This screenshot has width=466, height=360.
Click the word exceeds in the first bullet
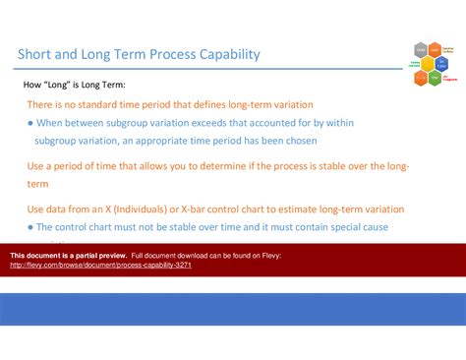tap(225, 123)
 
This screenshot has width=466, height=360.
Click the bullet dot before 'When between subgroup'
tap(30, 123)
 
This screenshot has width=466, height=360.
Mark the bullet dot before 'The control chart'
tap(30, 227)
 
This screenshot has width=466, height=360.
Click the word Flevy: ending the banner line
tap(269, 256)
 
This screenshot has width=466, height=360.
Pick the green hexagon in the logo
tap(434, 77)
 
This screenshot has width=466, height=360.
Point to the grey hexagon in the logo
tap(421, 49)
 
